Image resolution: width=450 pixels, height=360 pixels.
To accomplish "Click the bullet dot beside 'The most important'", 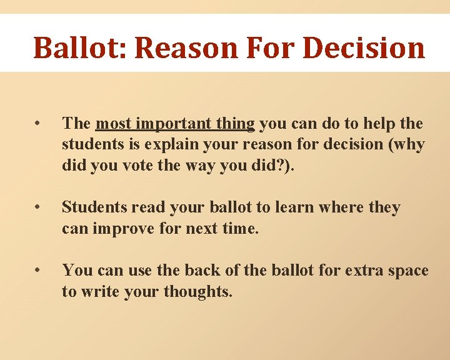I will tap(39, 123).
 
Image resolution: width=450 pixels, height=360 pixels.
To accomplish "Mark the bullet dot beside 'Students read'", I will tap(39, 207).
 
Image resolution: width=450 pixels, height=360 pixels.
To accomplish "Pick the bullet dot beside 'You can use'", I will tap(39, 270).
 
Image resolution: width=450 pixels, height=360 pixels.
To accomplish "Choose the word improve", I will tap(122, 228).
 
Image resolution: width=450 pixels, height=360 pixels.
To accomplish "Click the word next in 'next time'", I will tap(203, 228).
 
